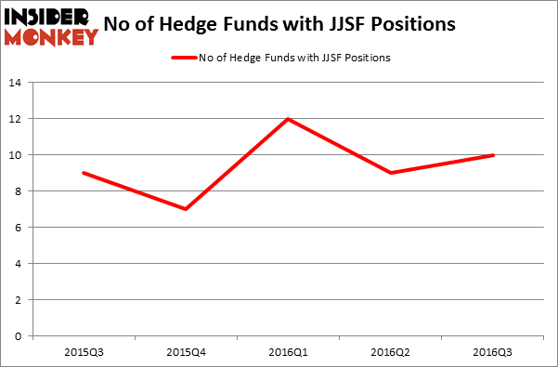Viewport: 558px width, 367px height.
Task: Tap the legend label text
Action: coord(294,58)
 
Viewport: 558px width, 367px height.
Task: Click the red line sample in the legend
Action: coord(182,58)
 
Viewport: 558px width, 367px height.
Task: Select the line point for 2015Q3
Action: coord(84,173)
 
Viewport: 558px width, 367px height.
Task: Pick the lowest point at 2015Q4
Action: coord(188,209)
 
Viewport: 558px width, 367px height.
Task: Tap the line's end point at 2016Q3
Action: coord(494,155)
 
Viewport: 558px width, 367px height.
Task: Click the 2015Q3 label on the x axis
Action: coord(84,353)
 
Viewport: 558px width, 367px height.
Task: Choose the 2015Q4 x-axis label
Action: coord(188,353)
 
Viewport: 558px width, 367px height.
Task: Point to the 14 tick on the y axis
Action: coord(16,83)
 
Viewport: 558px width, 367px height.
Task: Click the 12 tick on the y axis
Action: coord(16,119)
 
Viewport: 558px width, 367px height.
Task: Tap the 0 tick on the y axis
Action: coord(19,336)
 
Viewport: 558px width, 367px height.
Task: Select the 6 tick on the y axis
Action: coord(19,228)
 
